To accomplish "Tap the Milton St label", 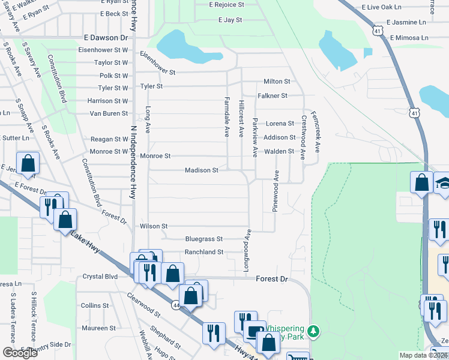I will [277, 81].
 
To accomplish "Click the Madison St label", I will [201, 170].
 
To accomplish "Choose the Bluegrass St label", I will [203, 238].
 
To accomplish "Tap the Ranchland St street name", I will [203, 252].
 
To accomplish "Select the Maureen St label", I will [98, 328].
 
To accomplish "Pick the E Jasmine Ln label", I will [406, 22].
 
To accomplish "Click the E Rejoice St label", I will [226, 4].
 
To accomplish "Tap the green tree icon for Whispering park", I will [313, 331].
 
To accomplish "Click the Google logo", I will [20, 353].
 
